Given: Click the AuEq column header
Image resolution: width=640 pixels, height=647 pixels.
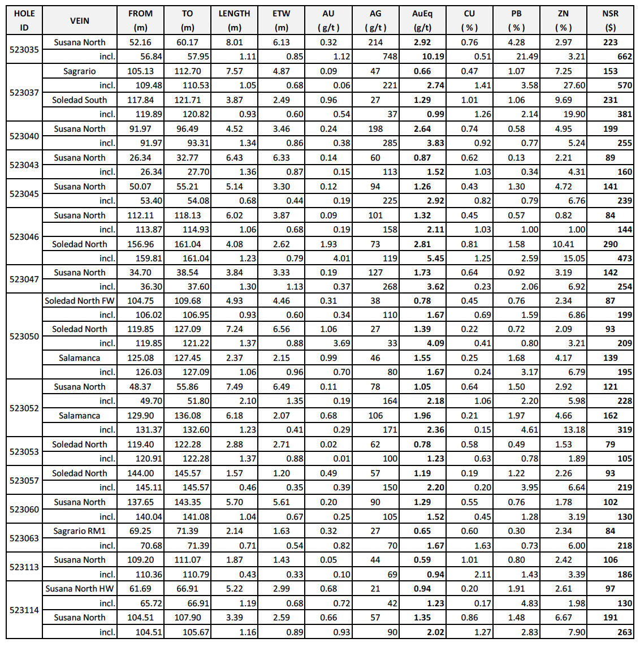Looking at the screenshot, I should [x=422, y=20].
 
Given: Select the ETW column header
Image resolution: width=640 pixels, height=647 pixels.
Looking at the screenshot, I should [x=281, y=20].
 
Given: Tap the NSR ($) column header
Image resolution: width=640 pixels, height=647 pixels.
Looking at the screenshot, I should [x=610, y=20].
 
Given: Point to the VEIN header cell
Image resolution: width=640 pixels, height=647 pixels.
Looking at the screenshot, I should [x=80, y=20].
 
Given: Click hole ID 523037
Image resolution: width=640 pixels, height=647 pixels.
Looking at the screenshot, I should [x=24, y=93].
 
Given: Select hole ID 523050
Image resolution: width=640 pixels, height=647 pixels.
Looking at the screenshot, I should [x=24, y=336].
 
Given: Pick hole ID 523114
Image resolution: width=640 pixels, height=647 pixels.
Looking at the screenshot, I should [x=24, y=610].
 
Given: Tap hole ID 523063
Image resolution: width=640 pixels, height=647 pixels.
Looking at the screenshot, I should [x=24, y=538].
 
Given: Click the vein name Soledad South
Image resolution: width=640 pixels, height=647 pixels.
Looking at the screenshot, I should [x=80, y=100].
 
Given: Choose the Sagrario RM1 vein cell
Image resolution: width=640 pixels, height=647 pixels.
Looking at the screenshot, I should [x=80, y=531].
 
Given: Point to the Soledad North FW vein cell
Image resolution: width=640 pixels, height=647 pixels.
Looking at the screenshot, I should [x=80, y=301].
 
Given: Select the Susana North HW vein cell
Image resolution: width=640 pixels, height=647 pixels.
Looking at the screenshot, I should [x=80, y=589].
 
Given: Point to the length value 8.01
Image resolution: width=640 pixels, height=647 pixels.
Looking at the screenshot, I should [x=234, y=42].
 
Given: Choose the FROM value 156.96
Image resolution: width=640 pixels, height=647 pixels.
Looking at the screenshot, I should [x=140, y=244].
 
